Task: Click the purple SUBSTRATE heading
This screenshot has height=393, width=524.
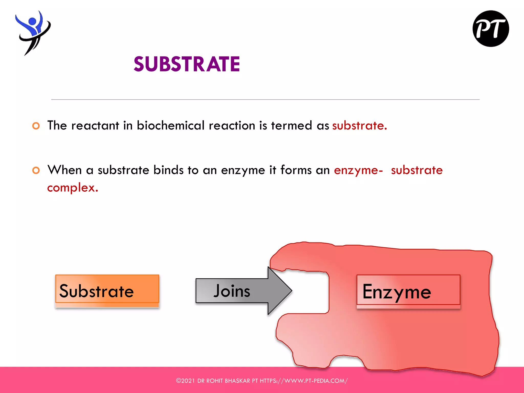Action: click(187, 64)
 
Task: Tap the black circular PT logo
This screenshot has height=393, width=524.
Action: click(490, 29)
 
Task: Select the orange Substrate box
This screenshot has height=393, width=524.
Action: click(107, 291)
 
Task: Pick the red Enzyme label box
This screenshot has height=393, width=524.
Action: click(408, 291)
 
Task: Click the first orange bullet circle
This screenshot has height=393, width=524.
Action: click(36, 126)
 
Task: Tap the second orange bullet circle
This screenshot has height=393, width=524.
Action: click(36, 170)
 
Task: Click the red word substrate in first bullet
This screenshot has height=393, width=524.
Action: click(359, 126)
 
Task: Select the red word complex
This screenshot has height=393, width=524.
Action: click(72, 188)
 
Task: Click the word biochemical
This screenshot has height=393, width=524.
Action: click(171, 126)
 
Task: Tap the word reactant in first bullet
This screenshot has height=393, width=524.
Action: click(95, 126)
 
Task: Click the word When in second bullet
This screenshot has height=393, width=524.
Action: click(65, 170)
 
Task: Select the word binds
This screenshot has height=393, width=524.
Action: click(168, 170)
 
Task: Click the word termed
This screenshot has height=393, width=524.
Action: click(292, 126)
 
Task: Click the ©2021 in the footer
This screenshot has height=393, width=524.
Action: click(185, 381)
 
